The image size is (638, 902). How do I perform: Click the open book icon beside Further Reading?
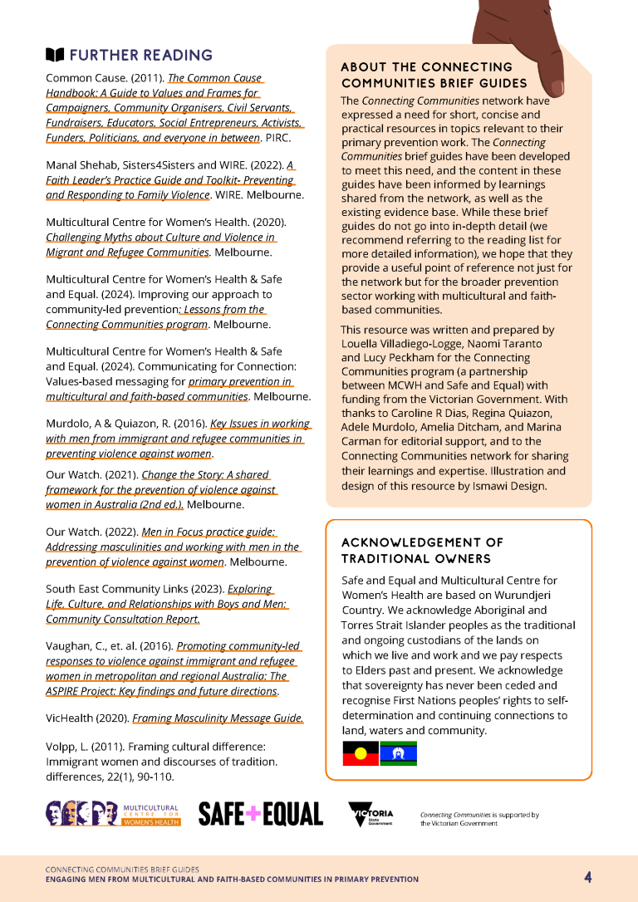click(54, 56)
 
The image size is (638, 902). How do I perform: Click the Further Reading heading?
click(140, 56)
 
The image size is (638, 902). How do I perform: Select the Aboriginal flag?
click(361, 753)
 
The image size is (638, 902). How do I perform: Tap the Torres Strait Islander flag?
click(398, 753)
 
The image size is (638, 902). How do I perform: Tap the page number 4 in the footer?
click(587, 877)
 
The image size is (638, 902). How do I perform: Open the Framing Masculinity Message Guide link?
click(218, 718)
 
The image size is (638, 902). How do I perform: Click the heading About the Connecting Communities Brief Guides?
click(434, 75)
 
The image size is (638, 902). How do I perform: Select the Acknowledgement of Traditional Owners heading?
click(422, 550)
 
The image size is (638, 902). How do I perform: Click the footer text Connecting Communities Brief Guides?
click(122, 870)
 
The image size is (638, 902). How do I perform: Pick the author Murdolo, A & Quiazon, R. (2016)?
click(126, 424)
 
